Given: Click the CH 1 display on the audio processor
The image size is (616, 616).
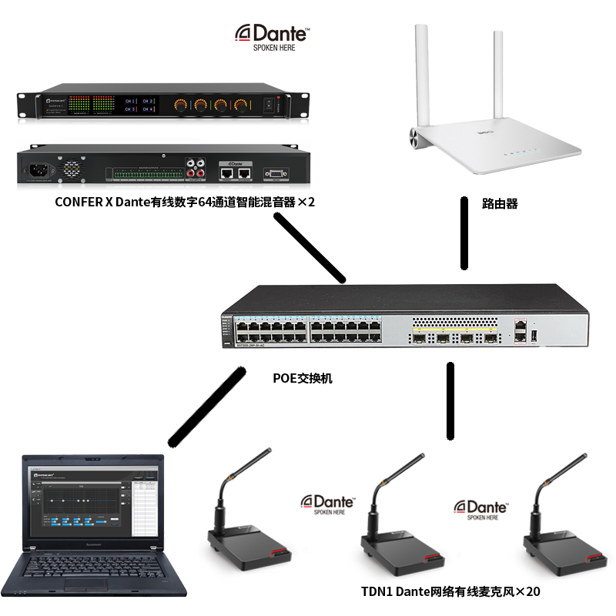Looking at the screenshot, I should pos(128,101).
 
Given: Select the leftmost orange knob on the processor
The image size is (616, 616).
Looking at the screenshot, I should pos(182,104).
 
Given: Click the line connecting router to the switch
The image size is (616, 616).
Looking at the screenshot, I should pos(464,235).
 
